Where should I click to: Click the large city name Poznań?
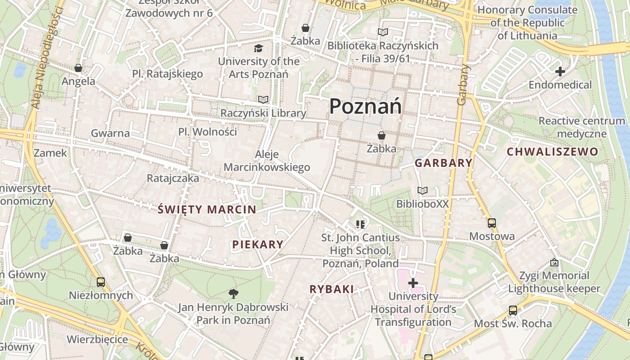coord(365,107)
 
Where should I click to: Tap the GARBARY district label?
coord(443,163)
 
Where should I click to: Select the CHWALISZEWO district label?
coord(553,152)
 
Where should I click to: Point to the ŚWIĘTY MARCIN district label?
coord(207,209)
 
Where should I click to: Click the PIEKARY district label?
coord(258,244)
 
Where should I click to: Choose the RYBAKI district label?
coord(332,289)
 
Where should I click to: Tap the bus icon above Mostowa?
coord(491,223)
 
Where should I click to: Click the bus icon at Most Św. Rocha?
coord(513,310)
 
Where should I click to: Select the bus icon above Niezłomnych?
coord(101,282)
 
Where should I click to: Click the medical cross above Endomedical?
coord(560,72)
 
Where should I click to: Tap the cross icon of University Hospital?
coord(413,283)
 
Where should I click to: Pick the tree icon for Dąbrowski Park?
coord(233,294)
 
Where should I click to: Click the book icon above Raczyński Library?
coord(263,99)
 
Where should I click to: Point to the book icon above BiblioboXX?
coord(422,191)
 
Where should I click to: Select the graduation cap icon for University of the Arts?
coord(258,48)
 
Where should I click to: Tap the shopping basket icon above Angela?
coord(78,68)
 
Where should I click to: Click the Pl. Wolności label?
coord(207,132)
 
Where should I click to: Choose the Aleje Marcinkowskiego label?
coord(267,161)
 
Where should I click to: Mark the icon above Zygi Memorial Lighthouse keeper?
coord(554,262)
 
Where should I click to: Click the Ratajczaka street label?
coord(173,178)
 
